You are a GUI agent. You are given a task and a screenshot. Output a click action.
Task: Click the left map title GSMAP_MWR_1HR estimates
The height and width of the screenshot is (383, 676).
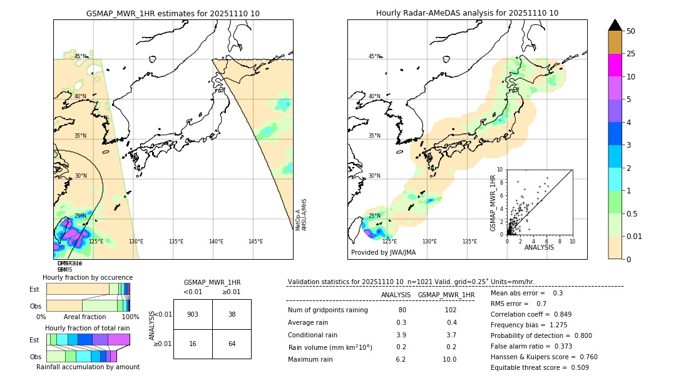click(x=173, y=13)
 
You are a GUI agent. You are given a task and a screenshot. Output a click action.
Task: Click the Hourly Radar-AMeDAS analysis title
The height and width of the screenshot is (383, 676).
click(x=467, y=13)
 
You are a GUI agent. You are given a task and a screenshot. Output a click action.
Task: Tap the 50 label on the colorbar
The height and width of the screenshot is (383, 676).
click(x=632, y=31)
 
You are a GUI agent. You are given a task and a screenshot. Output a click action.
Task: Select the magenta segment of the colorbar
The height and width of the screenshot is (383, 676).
click(x=615, y=65)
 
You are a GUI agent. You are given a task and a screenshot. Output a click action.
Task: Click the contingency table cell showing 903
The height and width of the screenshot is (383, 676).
click(x=193, y=314)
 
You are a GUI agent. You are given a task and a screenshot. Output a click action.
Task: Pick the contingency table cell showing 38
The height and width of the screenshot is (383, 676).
click(x=232, y=314)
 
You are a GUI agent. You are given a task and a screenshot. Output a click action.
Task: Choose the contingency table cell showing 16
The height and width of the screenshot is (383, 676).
click(x=193, y=344)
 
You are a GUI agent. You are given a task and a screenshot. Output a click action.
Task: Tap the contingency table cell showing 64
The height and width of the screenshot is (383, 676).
click(x=232, y=344)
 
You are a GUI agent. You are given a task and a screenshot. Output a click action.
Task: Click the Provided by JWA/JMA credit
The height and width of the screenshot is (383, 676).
click(x=383, y=252)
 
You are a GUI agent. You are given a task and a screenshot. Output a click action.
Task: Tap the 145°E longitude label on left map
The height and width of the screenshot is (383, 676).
click(x=255, y=242)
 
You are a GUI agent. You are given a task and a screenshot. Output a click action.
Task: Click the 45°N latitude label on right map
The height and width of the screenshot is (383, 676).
click(x=374, y=56)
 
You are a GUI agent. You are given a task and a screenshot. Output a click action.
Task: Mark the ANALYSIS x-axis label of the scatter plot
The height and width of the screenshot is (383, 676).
click(x=539, y=247)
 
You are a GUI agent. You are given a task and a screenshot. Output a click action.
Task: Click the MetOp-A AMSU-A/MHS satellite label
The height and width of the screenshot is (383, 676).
click(x=301, y=215)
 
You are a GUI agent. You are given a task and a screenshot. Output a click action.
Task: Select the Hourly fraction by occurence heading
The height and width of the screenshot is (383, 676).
click(x=88, y=277)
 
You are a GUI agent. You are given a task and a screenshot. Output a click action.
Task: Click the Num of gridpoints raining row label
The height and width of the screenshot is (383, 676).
click(x=327, y=310)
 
